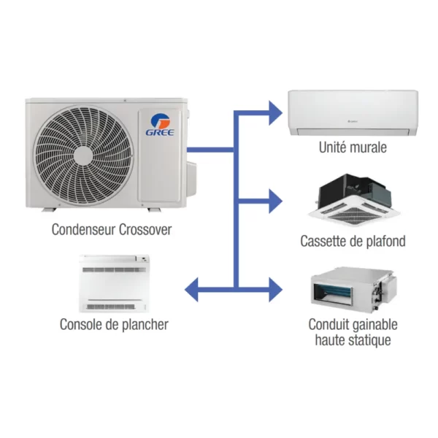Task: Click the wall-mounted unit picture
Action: [353, 112]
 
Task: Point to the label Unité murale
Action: [353, 148]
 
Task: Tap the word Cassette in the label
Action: [324, 241]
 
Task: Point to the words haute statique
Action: [353, 341]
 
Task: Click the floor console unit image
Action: [117, 282]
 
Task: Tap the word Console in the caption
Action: [82, 324]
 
